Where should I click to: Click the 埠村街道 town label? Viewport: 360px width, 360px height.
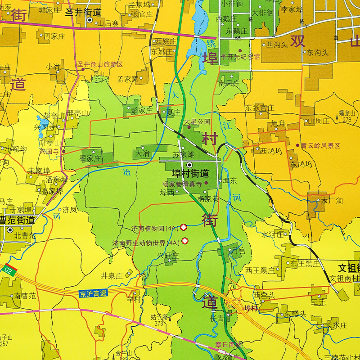(190, 173)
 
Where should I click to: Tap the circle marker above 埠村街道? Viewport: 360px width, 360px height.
(189, 165)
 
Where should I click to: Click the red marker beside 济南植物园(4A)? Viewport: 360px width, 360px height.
(184, 228)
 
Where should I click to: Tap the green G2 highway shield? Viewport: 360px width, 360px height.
(10, 270)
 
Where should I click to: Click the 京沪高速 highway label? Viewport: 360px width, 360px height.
(92, 293)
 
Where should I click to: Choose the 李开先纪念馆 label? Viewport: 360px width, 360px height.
(240, 57)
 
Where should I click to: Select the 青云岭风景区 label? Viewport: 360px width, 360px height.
(321, 146)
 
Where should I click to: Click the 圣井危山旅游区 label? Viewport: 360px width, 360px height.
(99, 64)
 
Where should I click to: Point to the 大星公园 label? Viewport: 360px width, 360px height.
(197, 121)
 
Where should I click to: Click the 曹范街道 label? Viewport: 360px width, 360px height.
(18, 220)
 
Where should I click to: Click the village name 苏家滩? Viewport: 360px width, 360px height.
(182, 154)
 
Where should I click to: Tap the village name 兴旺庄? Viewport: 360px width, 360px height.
(168, 256)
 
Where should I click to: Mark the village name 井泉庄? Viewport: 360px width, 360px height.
(111, 275)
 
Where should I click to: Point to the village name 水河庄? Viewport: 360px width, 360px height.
(272, 234)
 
